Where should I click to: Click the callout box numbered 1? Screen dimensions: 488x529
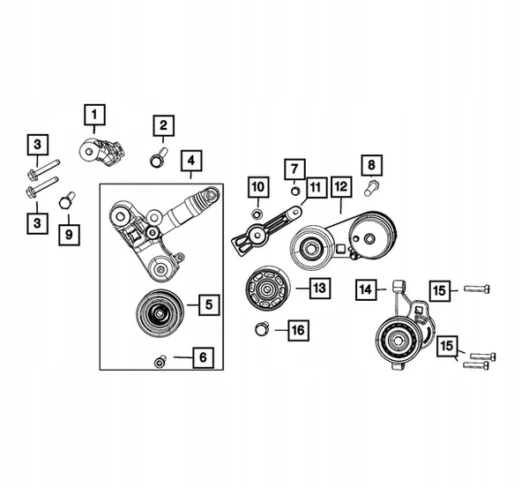click(94, 114)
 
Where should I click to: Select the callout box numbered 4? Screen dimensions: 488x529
click(190, 161)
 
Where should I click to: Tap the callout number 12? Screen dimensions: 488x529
click(341, 186)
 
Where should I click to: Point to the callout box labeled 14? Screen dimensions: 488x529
click(367, 289)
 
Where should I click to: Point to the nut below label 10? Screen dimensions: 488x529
click(257, 214)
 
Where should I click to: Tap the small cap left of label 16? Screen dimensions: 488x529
click(261, 329)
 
